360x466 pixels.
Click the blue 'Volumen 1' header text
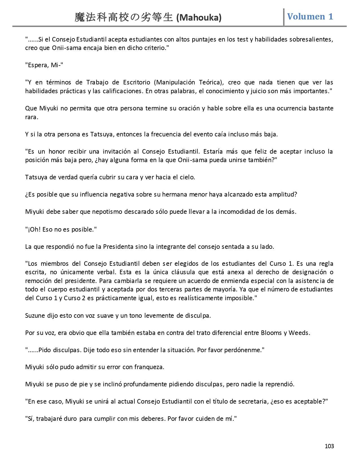pyautogui.click(x=310, y=16)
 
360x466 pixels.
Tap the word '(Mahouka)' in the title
pyautogui.click(x=199, y=18)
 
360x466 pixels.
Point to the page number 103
pyautogui.click(x=329, y=446)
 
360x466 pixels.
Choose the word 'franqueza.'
pyautogui.click(x=149, y=367)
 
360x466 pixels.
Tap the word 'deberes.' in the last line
pyautogui.click(x=154, y=419)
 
